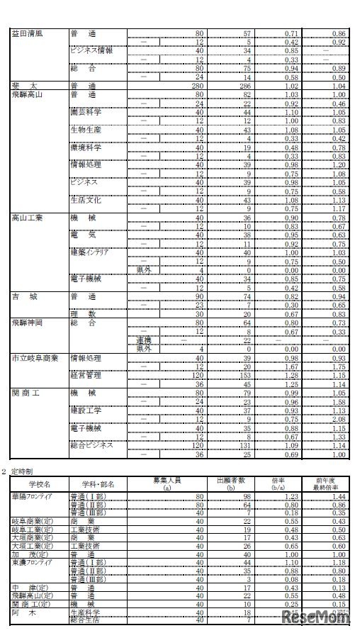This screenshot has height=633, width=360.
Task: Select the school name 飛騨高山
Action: [28, 94]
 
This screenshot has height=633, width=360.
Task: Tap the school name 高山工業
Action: [28, 217]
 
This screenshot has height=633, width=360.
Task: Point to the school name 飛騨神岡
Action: [28, 322]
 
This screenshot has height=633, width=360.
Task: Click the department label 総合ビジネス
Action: [92, 444]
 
